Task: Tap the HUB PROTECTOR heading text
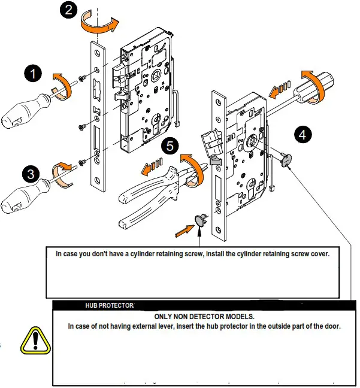[111, 306]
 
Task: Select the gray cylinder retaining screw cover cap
[200, 220]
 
